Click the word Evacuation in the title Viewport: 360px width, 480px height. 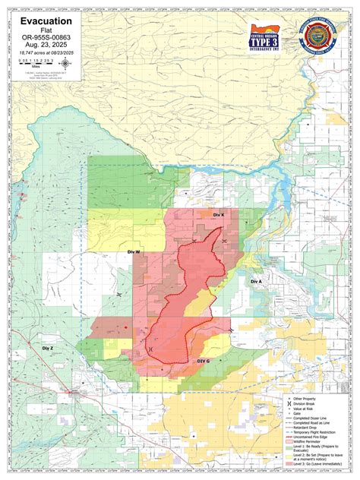(46, 22)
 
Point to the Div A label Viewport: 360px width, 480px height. (255, 280)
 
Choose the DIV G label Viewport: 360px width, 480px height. (203, 362)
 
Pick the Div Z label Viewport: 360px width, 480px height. (48, 348)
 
